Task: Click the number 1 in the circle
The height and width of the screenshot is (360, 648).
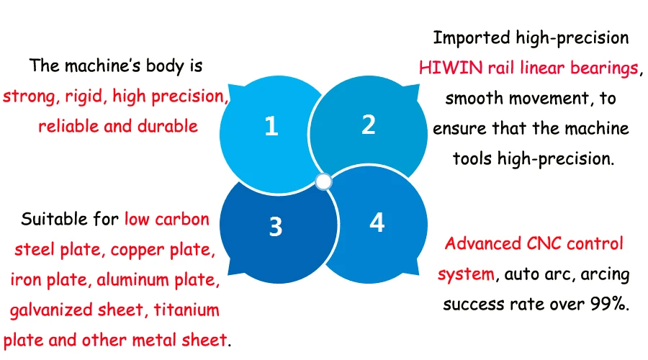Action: click(271, 127)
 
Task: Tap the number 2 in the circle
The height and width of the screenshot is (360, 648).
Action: click(369, 125)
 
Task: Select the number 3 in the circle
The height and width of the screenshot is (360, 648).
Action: click(275, 227)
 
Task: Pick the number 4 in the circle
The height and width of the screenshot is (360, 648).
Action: click(377, 223)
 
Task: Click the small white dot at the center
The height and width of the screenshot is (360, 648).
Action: click(323, 181)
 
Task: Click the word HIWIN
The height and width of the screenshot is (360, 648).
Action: click(444, 68)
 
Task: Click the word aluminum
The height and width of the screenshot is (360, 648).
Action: click(126, 280)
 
